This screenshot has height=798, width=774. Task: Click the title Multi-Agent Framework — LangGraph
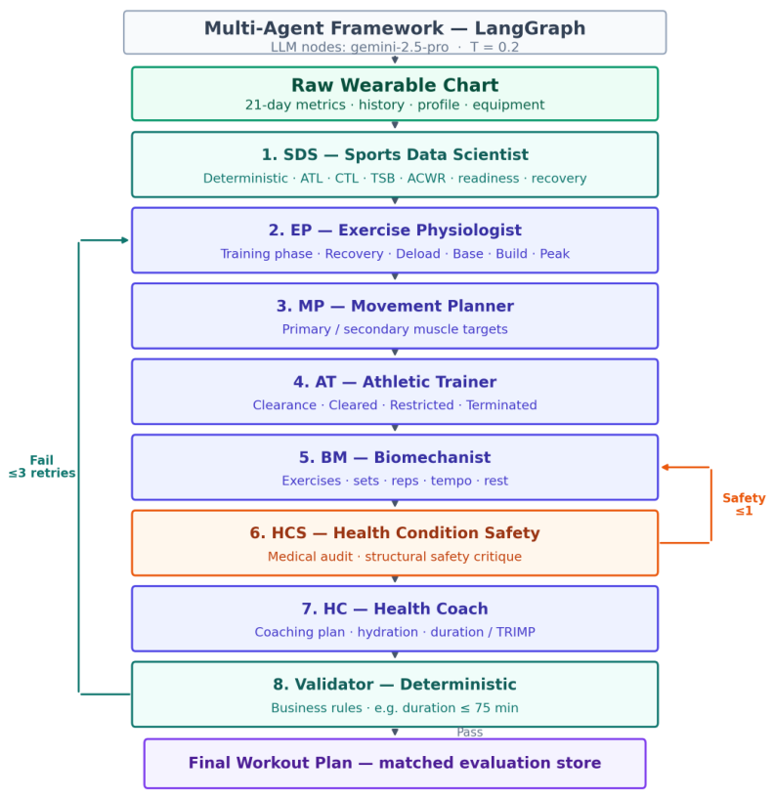pyautogui.click(x=395, y=28)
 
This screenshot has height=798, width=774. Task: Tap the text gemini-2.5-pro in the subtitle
pyautogui.click(x=400, y=47)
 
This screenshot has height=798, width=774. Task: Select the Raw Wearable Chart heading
pyautogui.click(x=395, y=85)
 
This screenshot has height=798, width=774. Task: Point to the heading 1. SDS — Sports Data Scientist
pyautogui.click(x=395, y=154)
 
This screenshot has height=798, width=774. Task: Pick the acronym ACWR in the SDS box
pyautogui.click(x=426, y=178)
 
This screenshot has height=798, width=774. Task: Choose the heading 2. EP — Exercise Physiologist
pyautogui.click(x=395, y=231)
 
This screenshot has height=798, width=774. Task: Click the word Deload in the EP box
pyautogui.click(x=418, y=253)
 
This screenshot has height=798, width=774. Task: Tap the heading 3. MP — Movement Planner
pyautogui.click(x=395, y=306)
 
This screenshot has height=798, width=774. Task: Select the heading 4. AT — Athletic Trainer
pyautogui.click(x=395, y=382)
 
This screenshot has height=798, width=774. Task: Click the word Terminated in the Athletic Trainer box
pyautogui.click(x=501, y=405)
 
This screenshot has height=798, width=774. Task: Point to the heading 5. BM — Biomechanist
pyautogui.click(x=395, y=457)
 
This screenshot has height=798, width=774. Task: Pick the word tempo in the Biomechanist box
pyautogui.click(x=451, y=481)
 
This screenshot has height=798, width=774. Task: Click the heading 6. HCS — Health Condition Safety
pyautogui.click(x=395, y=533)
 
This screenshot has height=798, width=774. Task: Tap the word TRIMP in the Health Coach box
pyautogui.click(x=516, y=632)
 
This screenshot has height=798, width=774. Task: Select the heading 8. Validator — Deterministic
pyautogui.click(x=395, y=685)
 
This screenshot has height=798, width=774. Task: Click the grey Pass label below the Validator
pyautogui.click(x=469, y=733)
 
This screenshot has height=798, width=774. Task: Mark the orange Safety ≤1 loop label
pyautogui.click(x=744, y=504)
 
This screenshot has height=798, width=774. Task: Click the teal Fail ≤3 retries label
pyautogui.click(x=42, y=467)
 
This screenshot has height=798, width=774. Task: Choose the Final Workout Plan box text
pyautogui.click(x=395, y=763)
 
